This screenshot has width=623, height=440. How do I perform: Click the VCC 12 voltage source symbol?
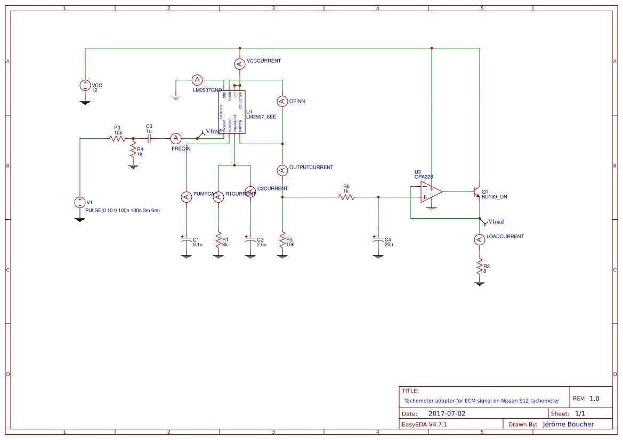tap(85, 85)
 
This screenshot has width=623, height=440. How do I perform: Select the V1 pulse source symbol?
tap(79, 202)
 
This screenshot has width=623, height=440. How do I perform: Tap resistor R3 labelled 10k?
tap(117, 138)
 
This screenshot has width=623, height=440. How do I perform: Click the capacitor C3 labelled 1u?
tap(149, 138)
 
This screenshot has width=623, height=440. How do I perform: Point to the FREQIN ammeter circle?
tap(176, 138)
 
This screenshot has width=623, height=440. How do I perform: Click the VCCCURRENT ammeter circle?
tap(240, 64)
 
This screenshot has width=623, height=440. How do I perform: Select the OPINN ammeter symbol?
tap(282, 101)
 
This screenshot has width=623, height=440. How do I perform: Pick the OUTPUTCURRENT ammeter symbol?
tap(282, 170)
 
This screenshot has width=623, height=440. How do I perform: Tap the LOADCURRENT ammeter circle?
tap(480, 239)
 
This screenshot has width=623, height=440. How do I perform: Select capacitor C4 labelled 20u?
tap(378, 240)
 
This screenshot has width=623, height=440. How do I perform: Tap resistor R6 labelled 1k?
tap(346, 197)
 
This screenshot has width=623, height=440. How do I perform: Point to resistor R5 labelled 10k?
tap(282, 239)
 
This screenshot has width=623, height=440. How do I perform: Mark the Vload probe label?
tap(495, 222)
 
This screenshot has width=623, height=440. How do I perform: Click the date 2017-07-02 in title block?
tap(447, 413)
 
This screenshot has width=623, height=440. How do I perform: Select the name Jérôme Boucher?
tap(568, 424)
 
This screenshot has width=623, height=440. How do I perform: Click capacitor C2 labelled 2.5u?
tap(250, 240)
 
